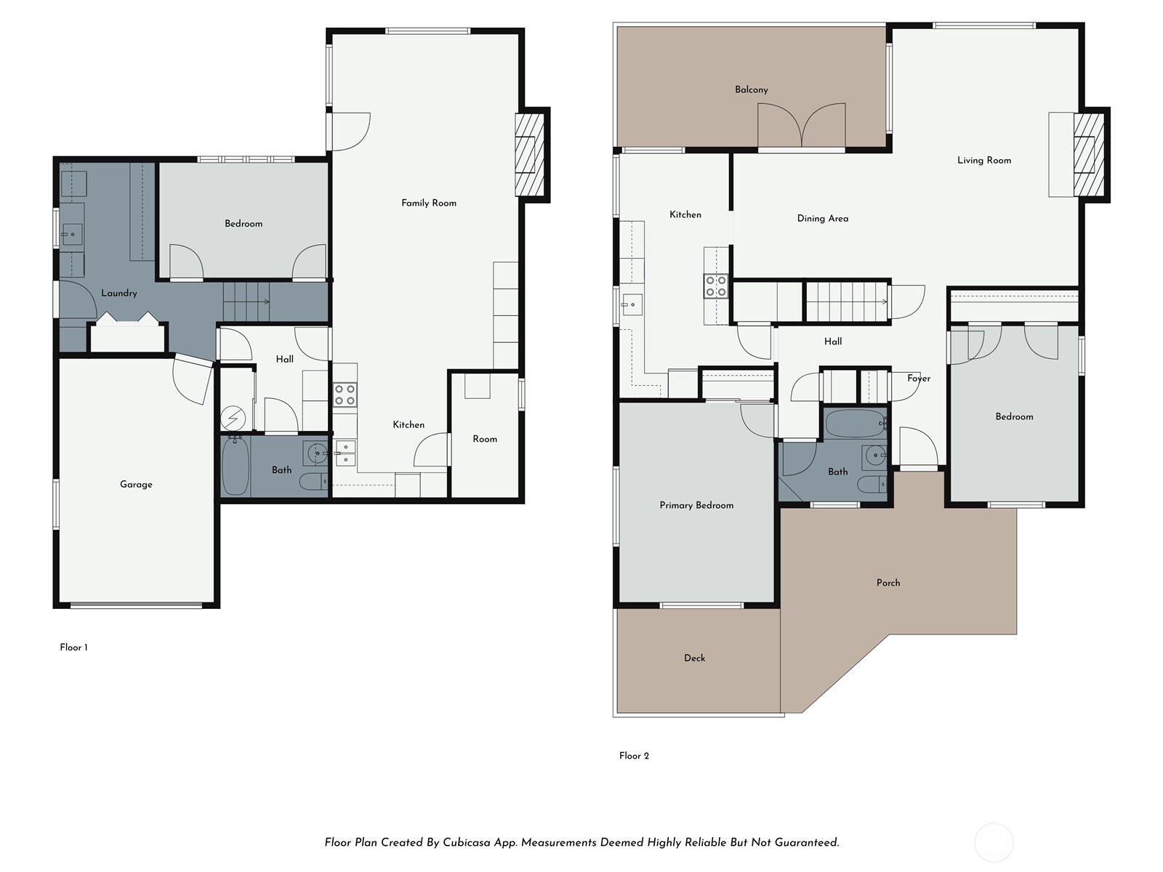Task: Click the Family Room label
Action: pyautogui.click(x=429, y=203)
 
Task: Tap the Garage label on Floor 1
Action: pyautogui.click(x=136, y=485)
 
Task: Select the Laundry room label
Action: pyautogui.click(x=119, y=294)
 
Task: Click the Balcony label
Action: pyautogui.click(x=752, y=90)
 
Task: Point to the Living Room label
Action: pyautogui.click(x=984, y=161)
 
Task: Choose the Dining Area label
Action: pyautogui.click(x=822, y=219)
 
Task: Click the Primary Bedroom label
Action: pyautogui.click(x=696, y=506)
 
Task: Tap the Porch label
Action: pyautogui.click(x=888, y=583)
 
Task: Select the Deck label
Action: pyautogui.click(x=694, y=658)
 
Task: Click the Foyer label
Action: pyautogui.click(x=918, y=379)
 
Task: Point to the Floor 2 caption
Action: pyautogui.click(x=634, y=756)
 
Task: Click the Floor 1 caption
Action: pyautogui.click(x=73, y=647)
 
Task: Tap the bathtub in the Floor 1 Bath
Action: pyautogui.click(x=236, y=467)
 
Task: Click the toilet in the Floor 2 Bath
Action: pyautogui.click(x=872, y=484)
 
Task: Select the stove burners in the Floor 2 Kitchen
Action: pyautogui.click(x=715, y=286)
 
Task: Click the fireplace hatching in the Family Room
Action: pyautogui.click(x=530, y=155)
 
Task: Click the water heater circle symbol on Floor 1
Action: pyautogui.click(x=233, y=419)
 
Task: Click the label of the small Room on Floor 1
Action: pyautogui.click(x=485, y=439)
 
